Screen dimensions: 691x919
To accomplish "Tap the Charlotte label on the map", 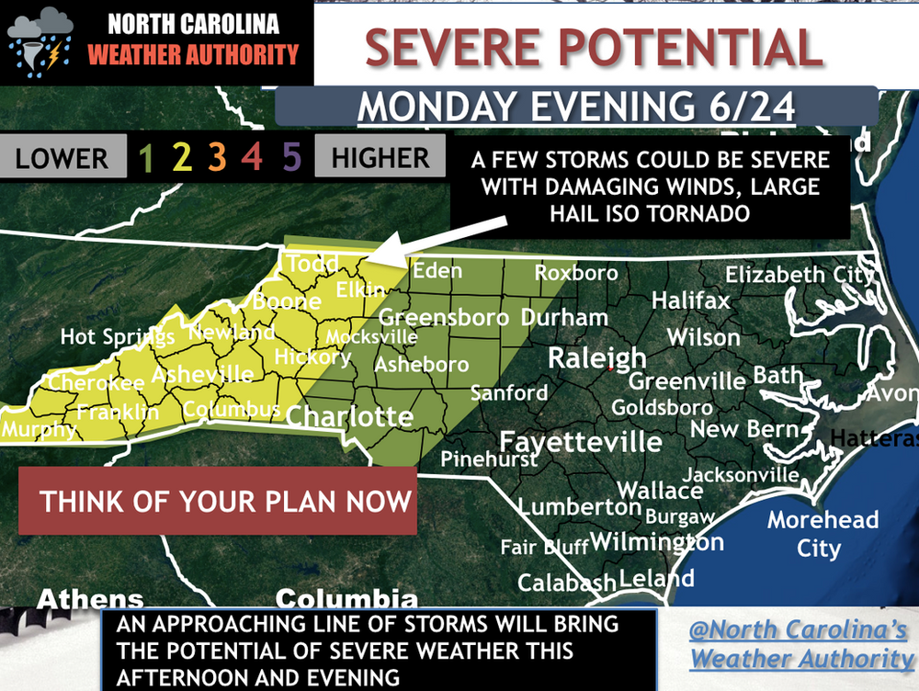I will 349,417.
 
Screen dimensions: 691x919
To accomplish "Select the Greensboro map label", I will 444,318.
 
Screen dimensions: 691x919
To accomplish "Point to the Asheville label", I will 202,374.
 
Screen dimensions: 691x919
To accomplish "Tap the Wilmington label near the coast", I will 656,542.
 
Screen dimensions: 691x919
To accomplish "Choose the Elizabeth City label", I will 798,275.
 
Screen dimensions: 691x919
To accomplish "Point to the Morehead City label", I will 823,534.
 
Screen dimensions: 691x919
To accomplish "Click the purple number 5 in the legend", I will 291,159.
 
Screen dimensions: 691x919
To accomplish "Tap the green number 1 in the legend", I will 144,159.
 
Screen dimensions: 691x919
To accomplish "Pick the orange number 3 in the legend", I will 217,159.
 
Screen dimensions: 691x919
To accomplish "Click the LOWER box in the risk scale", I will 61,158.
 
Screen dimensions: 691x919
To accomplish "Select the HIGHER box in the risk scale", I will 380,158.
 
